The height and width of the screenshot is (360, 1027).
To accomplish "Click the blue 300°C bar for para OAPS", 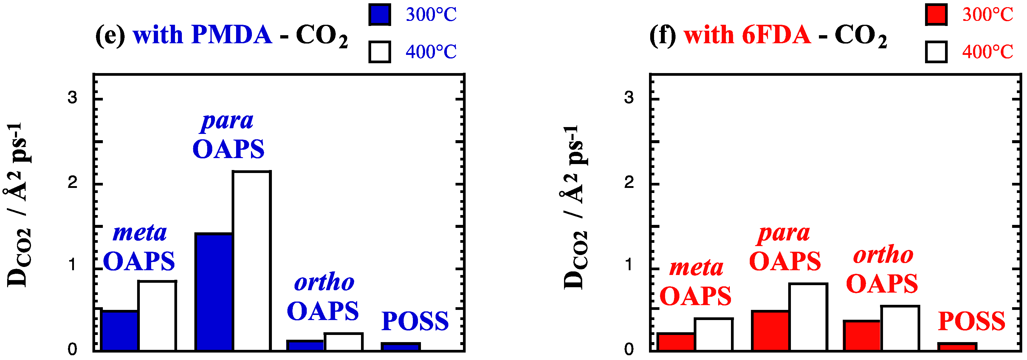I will (x=214, y=292).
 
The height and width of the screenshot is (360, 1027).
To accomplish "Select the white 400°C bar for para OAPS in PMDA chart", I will (x=252, y=261).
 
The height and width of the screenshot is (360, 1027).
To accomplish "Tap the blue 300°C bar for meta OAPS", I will (x=120, y=330).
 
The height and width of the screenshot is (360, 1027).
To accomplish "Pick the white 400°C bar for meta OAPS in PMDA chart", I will (x=157, y=316).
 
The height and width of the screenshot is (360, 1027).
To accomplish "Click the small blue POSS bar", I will (x=401, y=347).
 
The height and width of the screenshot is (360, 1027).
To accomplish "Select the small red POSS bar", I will (x=957, y=347).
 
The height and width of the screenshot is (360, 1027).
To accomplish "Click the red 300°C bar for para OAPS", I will (x=770, y=330).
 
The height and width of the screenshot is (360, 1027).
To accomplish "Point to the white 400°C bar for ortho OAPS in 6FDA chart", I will (x=900, y=328).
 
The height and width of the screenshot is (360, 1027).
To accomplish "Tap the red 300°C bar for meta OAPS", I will (x=676, y=342).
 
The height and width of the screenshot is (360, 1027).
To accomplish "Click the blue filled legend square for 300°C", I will (x=379, y=15).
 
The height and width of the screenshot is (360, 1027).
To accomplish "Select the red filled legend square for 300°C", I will (x=936, y=15).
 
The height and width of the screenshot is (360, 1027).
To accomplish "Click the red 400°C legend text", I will (x=987, y=52).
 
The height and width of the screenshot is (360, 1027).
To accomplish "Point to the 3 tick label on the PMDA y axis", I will (x=72, y=97).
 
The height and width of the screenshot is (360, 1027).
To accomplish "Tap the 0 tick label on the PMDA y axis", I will (x=72, y=349).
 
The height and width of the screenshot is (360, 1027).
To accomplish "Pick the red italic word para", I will (x=783, y=233).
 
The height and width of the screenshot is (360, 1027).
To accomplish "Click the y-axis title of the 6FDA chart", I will (x=574, y=207).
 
